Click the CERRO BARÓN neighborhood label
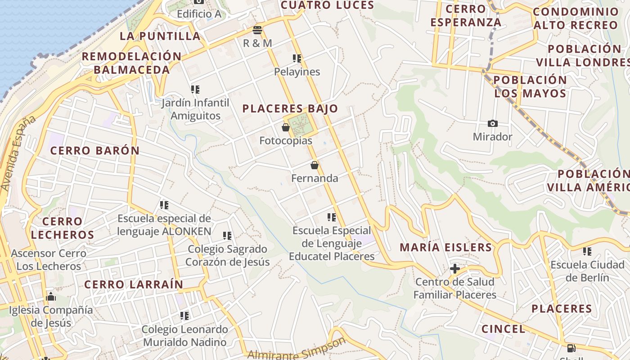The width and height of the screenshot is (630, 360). click(95, 151)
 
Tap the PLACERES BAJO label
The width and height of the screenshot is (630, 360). click(290, 108)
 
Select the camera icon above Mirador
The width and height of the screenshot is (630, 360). click(493, 123)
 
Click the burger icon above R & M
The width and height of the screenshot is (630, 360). click(257, 30)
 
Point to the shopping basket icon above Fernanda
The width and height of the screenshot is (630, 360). click(315, 165)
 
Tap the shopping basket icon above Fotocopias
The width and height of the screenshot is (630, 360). click(286, 127)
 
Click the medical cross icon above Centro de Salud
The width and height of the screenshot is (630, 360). click(455, 269)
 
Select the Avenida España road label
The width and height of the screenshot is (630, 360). click(18, 153)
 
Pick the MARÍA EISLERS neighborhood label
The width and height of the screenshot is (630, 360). click(446, 247)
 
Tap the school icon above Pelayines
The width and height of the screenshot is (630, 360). click(297, 58)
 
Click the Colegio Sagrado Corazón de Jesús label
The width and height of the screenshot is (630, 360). click(227, 256)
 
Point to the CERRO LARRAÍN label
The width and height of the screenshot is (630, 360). click(134, 284)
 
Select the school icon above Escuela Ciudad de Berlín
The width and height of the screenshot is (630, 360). click(587, 251)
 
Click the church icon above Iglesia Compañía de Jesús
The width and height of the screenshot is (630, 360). click(51, 297)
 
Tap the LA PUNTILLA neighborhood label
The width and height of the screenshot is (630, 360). click(160, 36)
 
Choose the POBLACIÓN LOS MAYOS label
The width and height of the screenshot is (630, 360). click(530, 87)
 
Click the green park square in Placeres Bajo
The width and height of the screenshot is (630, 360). click(300, 124)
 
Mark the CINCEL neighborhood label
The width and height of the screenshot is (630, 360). click(503, 329)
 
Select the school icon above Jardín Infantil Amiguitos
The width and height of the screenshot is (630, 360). click(195, 90)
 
